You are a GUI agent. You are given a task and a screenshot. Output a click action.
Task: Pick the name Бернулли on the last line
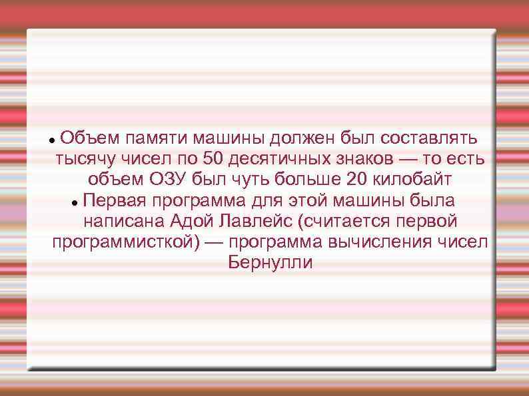coord(270,262)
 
